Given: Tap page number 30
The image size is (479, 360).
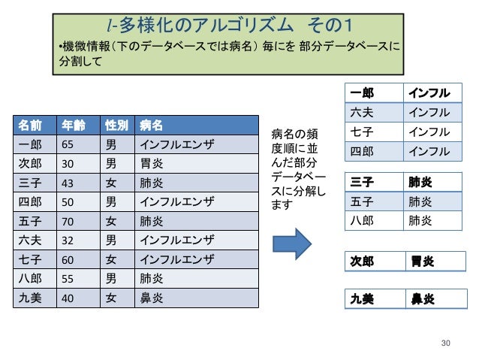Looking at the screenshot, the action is [447, 343].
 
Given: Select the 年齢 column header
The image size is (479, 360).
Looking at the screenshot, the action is [72, 124].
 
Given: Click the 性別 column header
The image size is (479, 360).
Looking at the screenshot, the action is [116, 124].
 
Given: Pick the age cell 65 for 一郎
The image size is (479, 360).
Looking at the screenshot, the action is [67, 144].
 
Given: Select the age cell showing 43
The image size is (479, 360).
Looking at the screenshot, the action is [67, 183].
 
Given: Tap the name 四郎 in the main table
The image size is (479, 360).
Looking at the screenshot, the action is [30, 202].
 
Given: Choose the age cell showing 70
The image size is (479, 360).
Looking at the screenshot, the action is [67, 222].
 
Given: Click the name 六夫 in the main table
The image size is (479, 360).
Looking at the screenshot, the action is [30, 241].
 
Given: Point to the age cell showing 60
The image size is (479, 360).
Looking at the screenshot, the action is [67, 260].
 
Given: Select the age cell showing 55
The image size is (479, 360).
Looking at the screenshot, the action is [67, 279].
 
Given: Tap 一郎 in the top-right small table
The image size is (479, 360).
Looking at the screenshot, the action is [362, 93].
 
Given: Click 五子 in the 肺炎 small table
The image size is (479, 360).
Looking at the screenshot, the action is [362, 201].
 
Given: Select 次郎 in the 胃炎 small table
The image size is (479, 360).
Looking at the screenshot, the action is [363, 262].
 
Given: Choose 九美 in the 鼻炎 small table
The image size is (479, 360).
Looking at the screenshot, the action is [363, 298].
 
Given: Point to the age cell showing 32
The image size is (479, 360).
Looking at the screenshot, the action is [67, 241].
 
